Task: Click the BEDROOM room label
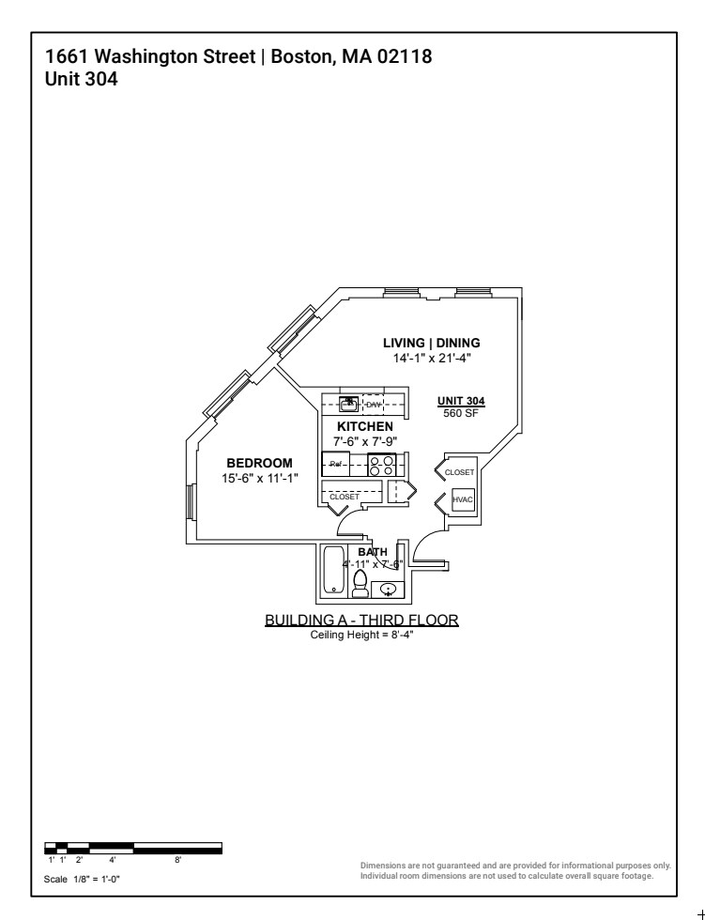click(259, 463)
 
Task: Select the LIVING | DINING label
click(431, 343)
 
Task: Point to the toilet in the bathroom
click(360, 583)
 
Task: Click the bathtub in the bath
click(333, 570)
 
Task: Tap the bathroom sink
click(388, 590)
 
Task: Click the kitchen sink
click(348, 404)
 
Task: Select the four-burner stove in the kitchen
click(381, 465)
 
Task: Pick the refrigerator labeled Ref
click(336, 465)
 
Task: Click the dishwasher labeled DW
click(375, 404)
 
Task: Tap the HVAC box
click(463, 500)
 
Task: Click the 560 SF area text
click(461, 413)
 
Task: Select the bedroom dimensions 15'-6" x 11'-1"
click(259, 478)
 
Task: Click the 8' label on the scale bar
click(178, 859)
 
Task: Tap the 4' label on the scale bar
click(112, 859)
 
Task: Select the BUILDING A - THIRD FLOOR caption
click(361, 621)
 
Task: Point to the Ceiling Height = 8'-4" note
click(361, 635)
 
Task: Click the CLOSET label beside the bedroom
click(344, 496)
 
